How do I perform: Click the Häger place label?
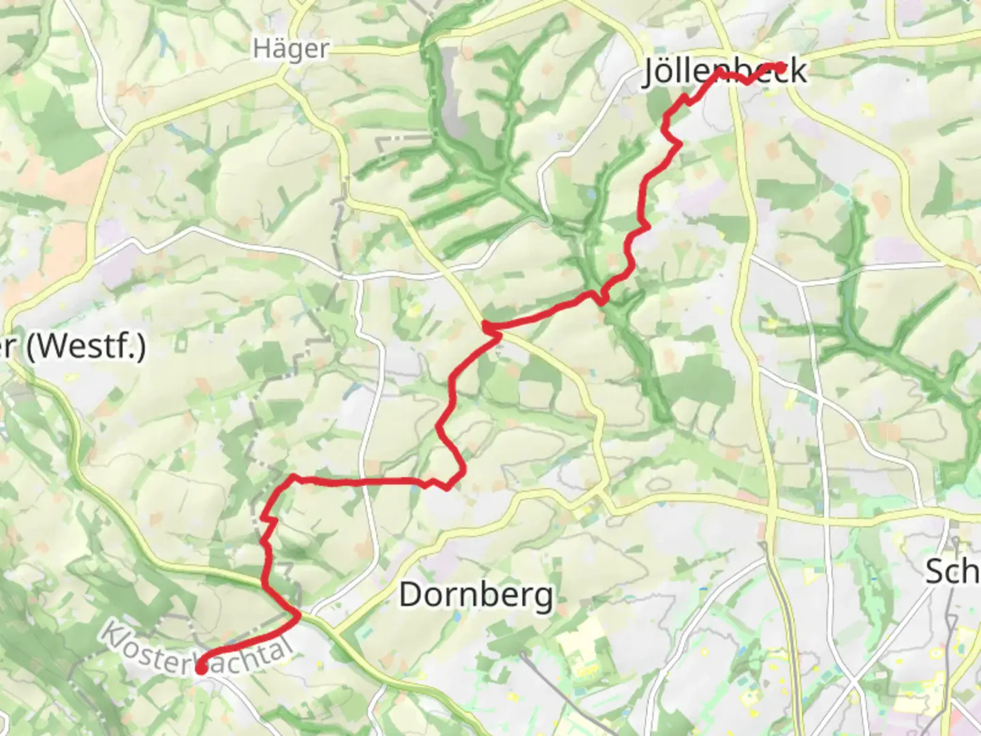pyautogui.click(x=291, y=49)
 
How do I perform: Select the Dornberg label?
pyautogui.click(x=476, y=595)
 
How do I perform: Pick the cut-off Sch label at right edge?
pyautogui.click(x=952, y=571)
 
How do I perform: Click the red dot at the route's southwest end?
pyautogui.click(x=202, y=669)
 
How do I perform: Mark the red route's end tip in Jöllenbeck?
pyautogui.click(x=781, y=67)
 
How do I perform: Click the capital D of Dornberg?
pyautogui.click(x=411, y=595)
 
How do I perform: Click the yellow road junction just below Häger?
pyautogui.click(x=280, y=79)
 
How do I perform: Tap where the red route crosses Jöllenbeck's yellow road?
pyautogui.click(x=734, y=76)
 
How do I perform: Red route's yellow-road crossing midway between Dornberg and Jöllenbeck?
pyautogui.click(x=488, y=328)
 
